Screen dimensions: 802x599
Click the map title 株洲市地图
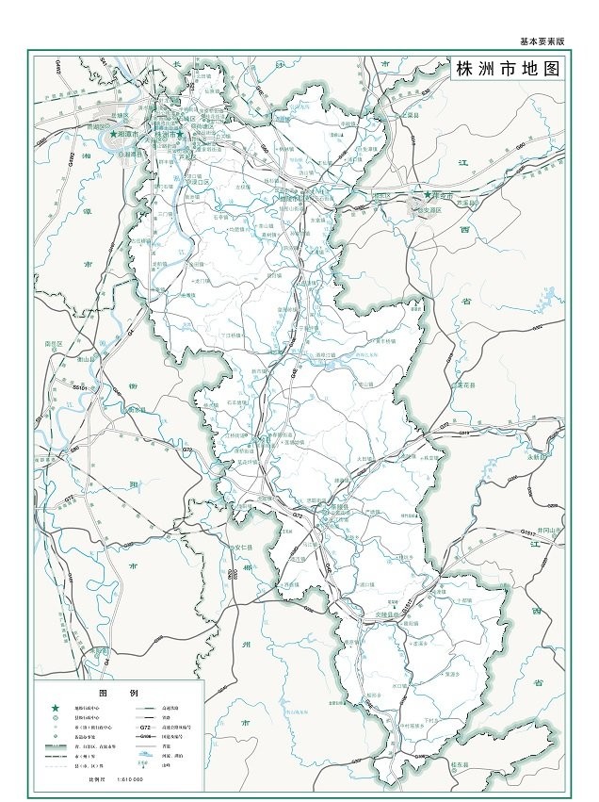click(508, 71)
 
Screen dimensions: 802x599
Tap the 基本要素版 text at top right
click(542, 41)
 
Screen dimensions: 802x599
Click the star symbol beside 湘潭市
click(114, 135)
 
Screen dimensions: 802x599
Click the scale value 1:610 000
click(129, 780)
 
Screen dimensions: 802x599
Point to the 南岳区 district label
click(54, 344)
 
